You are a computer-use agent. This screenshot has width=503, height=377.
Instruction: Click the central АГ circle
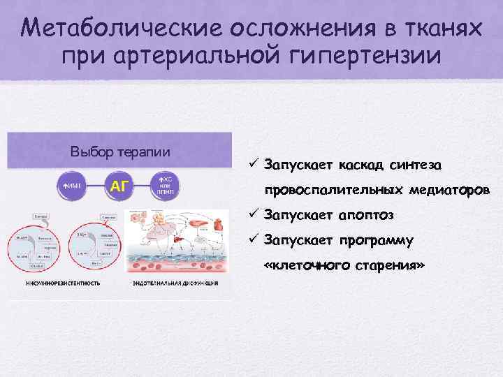click(119, 186)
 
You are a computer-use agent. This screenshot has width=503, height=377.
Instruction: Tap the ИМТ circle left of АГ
click(73, 186)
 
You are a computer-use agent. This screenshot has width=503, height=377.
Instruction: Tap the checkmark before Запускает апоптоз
click(254, 215)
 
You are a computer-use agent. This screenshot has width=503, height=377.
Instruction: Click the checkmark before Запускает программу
click(254, 241)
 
